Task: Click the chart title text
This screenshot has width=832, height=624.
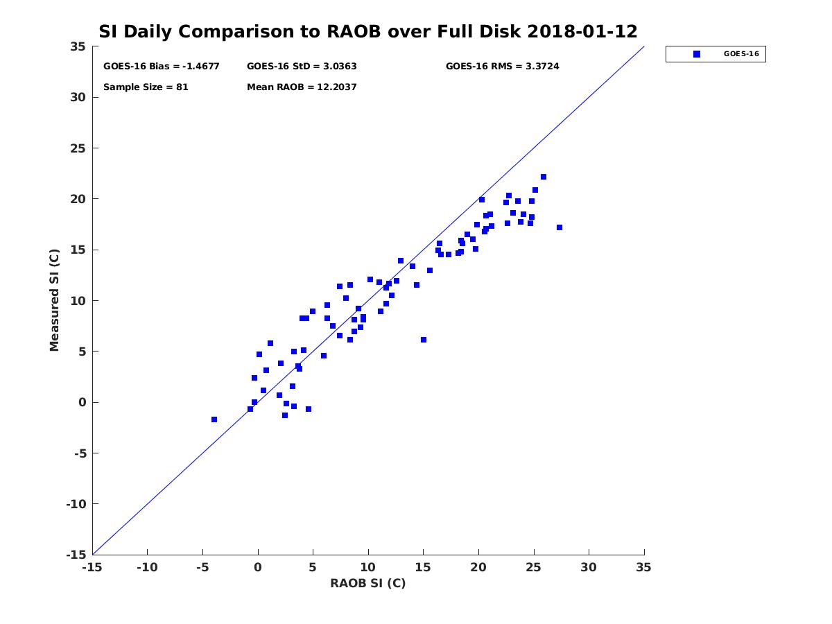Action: [367, 31]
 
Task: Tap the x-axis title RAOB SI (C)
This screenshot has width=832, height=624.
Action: [367, 583]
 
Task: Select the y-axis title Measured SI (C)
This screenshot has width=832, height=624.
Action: [55, 300]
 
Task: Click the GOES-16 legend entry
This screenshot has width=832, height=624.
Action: [715, 53]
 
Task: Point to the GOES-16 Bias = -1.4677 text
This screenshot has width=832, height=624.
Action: [161, 67]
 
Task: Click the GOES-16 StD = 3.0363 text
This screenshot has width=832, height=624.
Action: [302, 67]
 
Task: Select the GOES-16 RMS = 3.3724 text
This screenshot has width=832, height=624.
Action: [502, 67]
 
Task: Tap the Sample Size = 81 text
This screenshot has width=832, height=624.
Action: [146, 87]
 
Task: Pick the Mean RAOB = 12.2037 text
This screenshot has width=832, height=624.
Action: [302, 87]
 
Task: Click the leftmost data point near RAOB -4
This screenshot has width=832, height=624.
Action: [214, 419]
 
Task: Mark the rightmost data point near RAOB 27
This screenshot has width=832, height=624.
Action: [560, 227]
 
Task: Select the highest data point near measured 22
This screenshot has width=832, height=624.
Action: [544, 177]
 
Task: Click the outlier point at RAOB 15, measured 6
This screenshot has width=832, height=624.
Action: [424, 340]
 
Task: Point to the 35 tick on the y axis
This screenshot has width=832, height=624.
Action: [78, 46]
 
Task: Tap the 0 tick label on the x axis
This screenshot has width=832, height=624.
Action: [258, 567]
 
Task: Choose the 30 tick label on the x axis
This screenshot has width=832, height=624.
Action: [589, 567]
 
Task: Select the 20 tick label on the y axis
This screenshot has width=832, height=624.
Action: [78, 199]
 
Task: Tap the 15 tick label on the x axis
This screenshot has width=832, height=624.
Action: [423, 567]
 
